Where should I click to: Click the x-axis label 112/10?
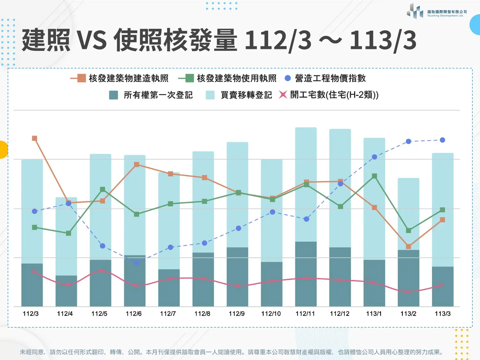pos(271,314)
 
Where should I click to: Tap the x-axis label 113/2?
pos(408,314)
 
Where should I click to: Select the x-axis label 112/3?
pos(30,314)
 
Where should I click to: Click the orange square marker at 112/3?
pos(35,138)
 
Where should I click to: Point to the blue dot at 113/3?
pos(442,140)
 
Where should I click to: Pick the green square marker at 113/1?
pos(374,176)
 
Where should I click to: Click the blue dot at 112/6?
pos(136,263)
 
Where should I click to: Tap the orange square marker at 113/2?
pos(408,246)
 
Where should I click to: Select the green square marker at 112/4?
pos(68,233)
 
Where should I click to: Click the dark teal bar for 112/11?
pos(306,274)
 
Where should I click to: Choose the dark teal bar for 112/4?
pos(66,291)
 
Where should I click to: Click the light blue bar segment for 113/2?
pos(408,214)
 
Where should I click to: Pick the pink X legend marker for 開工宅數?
pos(283,95)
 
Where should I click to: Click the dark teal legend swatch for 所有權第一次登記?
pos(113,95)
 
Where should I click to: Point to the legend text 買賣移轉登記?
pos(246,95)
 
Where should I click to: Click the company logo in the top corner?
pos(437,11)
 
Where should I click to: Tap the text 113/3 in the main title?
pos(383,40)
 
